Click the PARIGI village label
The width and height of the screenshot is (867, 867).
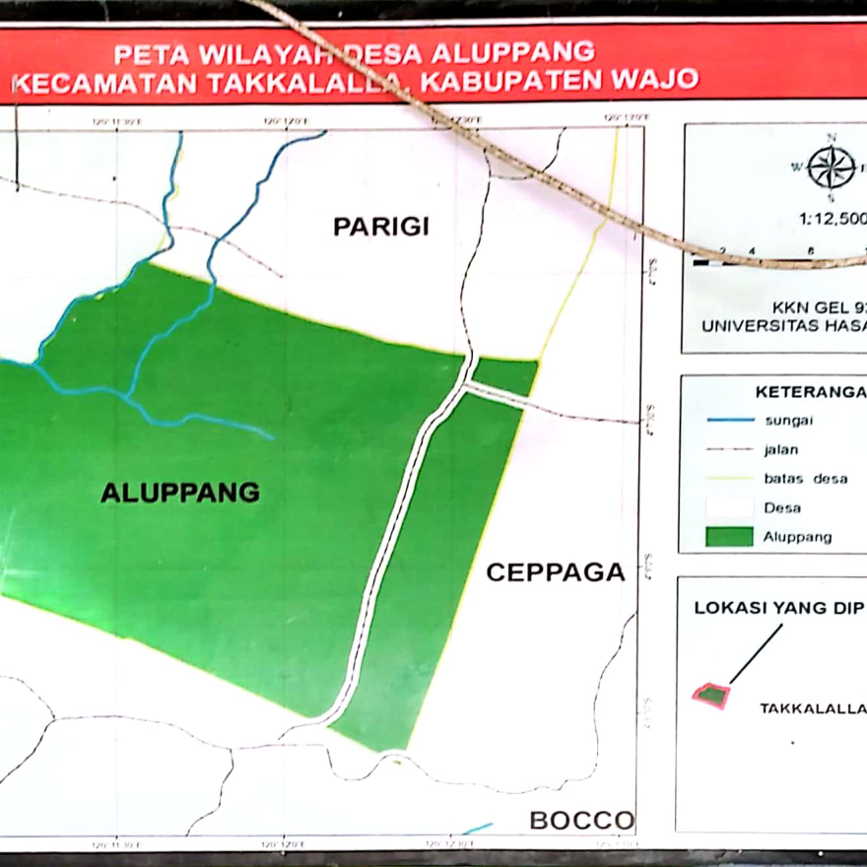pos(381,227)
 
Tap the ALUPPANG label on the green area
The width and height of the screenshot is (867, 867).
pos(180,493)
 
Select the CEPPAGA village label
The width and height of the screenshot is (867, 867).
pos(556,572)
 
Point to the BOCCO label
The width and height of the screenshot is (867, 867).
pos(580,820)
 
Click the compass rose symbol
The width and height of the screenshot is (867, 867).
pos(832,167)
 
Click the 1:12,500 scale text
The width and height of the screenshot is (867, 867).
pos(834,220)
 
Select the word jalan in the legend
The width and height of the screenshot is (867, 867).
pos(782,449)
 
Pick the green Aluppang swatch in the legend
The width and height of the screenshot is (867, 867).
pos(730,537)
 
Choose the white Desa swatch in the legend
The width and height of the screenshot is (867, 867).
pos(730,507)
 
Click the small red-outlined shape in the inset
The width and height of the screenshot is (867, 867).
pos(710,695)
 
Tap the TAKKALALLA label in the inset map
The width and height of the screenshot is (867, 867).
pos(812,708)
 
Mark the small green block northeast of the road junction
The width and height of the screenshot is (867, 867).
pos(504,375)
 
